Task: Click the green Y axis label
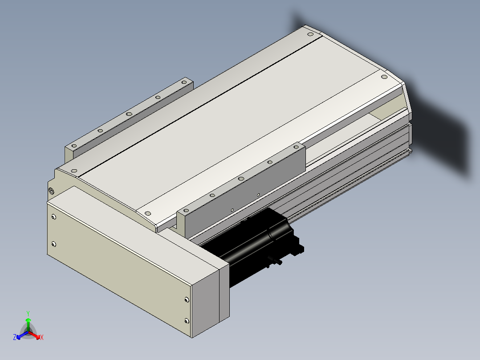[x=28, y=314]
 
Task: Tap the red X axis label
[x=42, y=337]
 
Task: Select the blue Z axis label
[x=15, y=337]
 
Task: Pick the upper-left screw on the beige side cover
[x=53, y=217]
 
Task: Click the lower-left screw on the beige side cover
[x=53, y=244]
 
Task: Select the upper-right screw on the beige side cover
[x=187, y=300]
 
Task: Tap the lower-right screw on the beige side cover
[x=187, y=321]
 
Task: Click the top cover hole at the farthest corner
[x=310, y=34]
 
